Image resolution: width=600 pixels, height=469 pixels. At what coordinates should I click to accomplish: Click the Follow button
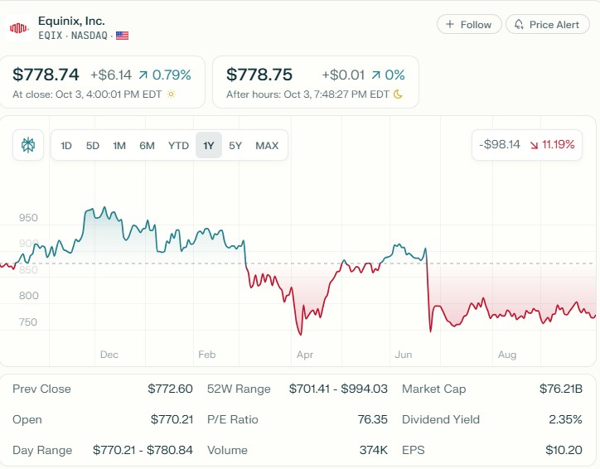pos(469,25)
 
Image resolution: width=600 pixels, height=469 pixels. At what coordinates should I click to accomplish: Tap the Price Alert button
pos(548,25)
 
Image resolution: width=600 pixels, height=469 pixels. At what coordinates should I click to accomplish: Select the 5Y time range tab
pos(235,146)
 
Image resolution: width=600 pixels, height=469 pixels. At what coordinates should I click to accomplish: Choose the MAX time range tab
pos(267,146)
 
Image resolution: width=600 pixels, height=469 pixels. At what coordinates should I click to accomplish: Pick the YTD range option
pos(178,146)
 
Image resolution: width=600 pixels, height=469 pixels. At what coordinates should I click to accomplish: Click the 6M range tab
pos(147,146)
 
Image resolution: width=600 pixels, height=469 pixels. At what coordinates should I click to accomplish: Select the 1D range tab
pos(66,146)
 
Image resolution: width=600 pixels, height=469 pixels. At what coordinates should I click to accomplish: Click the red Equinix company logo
pos(19,28)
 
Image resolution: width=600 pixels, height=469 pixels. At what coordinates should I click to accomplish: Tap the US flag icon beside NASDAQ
pos(123,36)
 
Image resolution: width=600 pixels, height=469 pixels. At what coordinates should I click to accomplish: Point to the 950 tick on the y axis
pos(28,218)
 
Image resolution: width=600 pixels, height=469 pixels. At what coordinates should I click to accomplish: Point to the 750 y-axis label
pos(28,322)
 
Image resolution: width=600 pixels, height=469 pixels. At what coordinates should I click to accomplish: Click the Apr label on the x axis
pos(305,355)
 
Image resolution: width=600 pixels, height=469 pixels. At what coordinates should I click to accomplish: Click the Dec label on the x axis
pos(109,355)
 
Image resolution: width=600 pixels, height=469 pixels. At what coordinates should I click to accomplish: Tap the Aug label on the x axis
pos(507,355)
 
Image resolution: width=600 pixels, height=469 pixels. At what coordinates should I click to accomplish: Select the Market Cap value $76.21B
pos(561,389)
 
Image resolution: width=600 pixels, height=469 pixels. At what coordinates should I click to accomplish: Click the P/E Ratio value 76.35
pos(372,419)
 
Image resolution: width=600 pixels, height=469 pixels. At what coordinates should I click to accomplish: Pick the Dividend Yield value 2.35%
pos(565,419)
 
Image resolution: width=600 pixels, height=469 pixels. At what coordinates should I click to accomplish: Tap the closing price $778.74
pos(46,75)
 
